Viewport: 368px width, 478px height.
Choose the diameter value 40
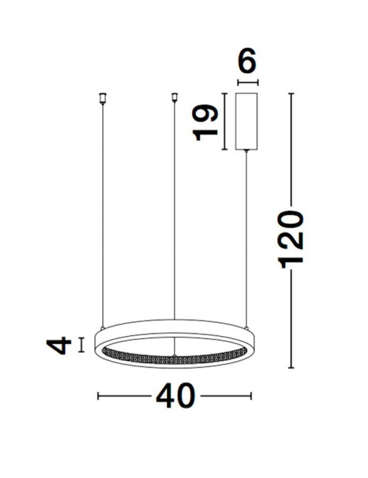coord(175,396)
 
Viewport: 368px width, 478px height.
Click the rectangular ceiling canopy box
coord(246,121)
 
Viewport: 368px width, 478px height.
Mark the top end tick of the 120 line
coord(292,94)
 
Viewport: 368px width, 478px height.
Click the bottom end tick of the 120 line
coord(292,368)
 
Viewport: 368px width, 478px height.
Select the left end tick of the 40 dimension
coord(99,396)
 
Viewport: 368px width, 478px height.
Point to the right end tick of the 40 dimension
coord(251,396)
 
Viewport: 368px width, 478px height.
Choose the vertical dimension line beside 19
coord(224,121)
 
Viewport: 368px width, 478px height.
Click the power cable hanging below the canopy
coord(246,235)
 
